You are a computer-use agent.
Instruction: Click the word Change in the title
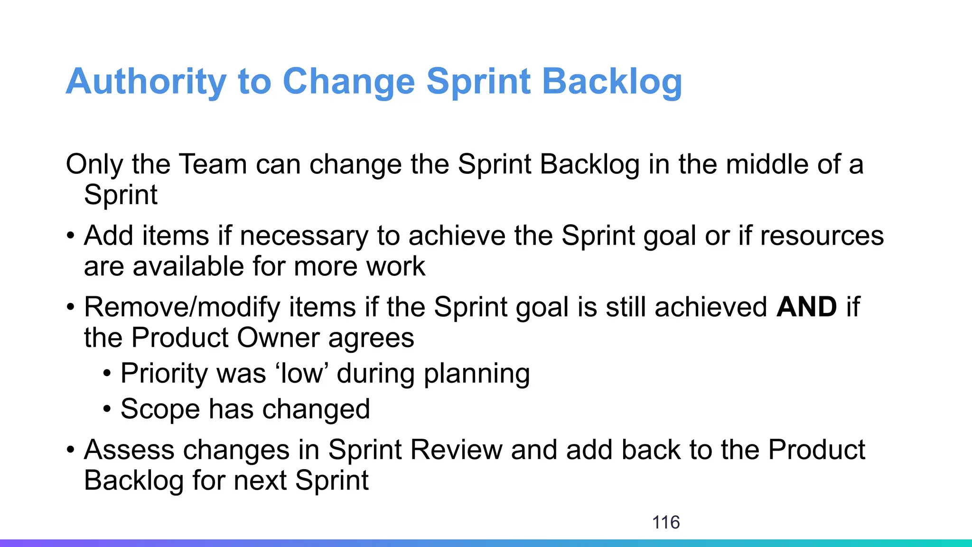[349, 82]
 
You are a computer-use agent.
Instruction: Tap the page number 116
[666, 522]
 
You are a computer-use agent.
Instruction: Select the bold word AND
[807, 307]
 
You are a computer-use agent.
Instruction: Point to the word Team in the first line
[213, 164]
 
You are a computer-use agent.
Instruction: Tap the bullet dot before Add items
[70, 236]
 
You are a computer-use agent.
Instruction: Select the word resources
[822, 236]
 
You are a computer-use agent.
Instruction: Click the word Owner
[278, 338]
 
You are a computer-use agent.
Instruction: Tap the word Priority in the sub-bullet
[164, 374]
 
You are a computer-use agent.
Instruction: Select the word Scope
[160, 409]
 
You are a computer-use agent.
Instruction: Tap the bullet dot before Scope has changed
[107, 409]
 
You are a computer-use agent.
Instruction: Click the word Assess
[129, 450]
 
